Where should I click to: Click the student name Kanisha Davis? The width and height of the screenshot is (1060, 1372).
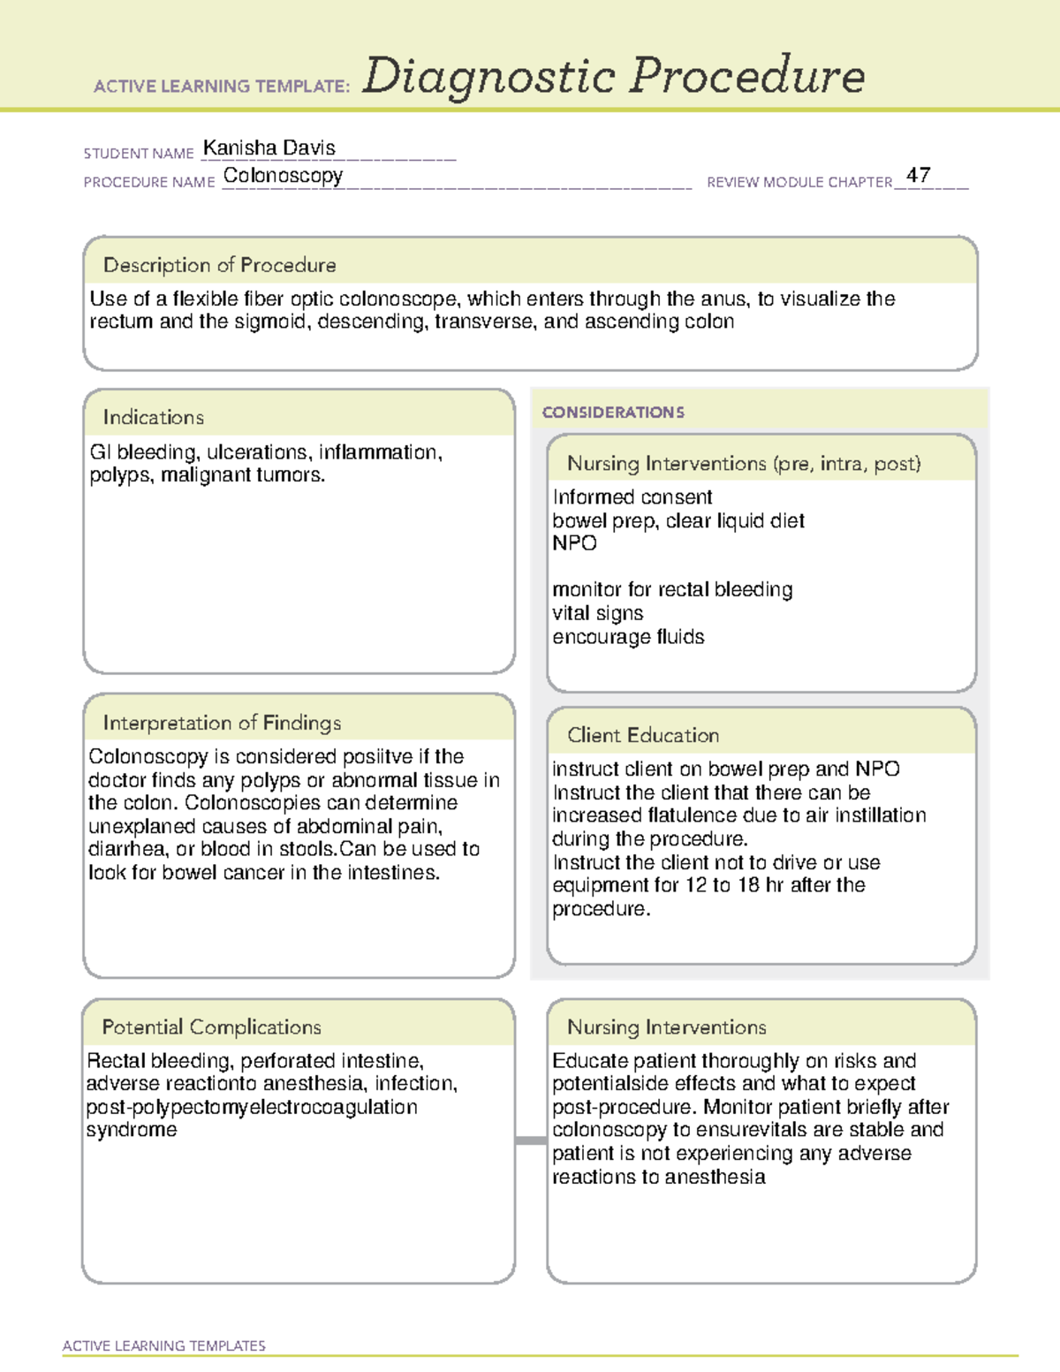[269, 148]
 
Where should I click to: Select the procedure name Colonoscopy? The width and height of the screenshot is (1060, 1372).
[283, 176]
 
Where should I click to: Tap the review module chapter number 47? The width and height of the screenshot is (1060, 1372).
[918, 175]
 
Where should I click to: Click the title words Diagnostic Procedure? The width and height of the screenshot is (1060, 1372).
[613, 76]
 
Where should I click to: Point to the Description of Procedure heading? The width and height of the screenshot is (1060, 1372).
[220, 265]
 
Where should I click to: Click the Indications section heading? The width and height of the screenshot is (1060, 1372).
[154, 417]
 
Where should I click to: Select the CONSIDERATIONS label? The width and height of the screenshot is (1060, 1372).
[613, 413]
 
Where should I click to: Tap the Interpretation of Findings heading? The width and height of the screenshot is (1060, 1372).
[222, 723]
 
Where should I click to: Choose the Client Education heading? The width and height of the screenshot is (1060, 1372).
[643, 735]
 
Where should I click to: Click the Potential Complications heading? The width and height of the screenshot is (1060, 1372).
[212, 1027]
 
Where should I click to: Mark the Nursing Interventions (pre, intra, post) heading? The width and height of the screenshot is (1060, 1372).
[744, 464]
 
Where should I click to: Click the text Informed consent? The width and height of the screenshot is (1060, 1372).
[632, 497]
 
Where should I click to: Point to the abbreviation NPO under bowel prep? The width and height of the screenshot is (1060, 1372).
[574, 543]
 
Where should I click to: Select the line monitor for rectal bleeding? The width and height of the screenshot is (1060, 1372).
[672, 589]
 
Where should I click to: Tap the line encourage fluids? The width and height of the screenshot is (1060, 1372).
[628, 637]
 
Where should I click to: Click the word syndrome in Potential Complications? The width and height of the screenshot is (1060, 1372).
[132, 1130]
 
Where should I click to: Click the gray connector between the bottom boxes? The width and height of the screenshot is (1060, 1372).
[531, 1141]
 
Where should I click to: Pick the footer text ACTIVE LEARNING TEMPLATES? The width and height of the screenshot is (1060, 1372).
[164, 1345]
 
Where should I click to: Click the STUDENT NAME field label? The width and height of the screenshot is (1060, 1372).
[139, 154]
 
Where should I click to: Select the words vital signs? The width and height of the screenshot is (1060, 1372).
[598, 613]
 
